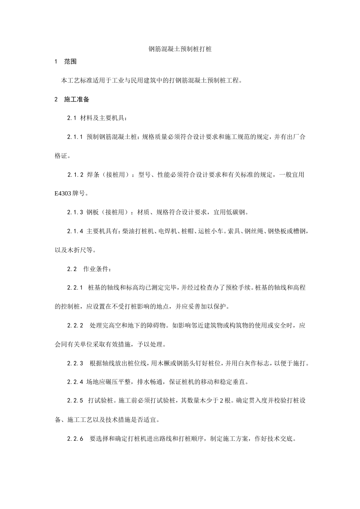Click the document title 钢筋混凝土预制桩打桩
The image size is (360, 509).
click(180, 49)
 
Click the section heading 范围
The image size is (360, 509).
click(70, 62)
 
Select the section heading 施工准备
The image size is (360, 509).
click(77, 100)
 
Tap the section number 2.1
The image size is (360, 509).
click(72, 118)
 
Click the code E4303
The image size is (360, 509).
click(63, 194)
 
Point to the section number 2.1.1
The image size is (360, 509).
click(75, 137)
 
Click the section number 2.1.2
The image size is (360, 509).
click(75, 175)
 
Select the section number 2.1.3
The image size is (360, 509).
click(75, 212)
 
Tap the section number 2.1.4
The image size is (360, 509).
click(75, 231)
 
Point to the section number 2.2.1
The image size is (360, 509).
click(75, 288)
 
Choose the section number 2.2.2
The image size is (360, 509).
click(75, 325)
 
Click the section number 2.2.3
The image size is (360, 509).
click(75, 363)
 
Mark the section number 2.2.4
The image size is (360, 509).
click(75, 382)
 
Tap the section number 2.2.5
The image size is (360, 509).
click(75, 401)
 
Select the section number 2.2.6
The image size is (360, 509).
click(75, 439)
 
